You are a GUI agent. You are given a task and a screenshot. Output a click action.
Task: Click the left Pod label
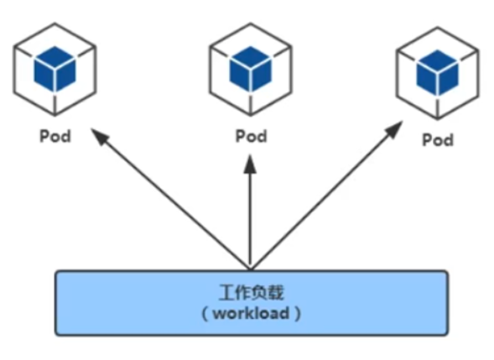pos(55,136)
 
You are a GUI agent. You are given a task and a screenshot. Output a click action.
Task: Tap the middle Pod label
pos(251,136)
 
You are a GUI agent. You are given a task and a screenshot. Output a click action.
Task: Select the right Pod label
pos(438,139)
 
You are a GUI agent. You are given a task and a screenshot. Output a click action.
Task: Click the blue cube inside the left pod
pos(55,69)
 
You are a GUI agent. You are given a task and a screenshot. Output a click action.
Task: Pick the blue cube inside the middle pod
pos(251,69)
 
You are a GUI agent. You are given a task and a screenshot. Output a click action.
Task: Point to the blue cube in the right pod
pos(438,73)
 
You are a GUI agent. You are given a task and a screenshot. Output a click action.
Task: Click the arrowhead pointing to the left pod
pos(99,136)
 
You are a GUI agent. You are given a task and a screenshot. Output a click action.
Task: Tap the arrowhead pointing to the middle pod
pos(251,164)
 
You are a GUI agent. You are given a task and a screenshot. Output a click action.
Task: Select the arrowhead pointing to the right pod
pos(394,129)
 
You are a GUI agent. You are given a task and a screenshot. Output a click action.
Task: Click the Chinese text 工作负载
pos(251,293)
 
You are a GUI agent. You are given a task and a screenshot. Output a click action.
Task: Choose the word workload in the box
pos(251,313)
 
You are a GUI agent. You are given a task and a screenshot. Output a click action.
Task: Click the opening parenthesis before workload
pos(205,314)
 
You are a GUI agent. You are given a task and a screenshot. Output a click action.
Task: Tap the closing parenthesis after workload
pos(297,314)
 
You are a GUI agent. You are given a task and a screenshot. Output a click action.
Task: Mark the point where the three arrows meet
pos(251,270)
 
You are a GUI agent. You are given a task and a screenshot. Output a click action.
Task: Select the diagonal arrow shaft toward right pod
pos(321,201)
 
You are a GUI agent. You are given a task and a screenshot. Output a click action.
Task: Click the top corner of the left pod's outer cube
pos(55,23)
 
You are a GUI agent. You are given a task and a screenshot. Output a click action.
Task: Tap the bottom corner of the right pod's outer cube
pos(438,119)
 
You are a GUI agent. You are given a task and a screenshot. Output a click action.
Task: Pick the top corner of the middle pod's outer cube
pos(251,23)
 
